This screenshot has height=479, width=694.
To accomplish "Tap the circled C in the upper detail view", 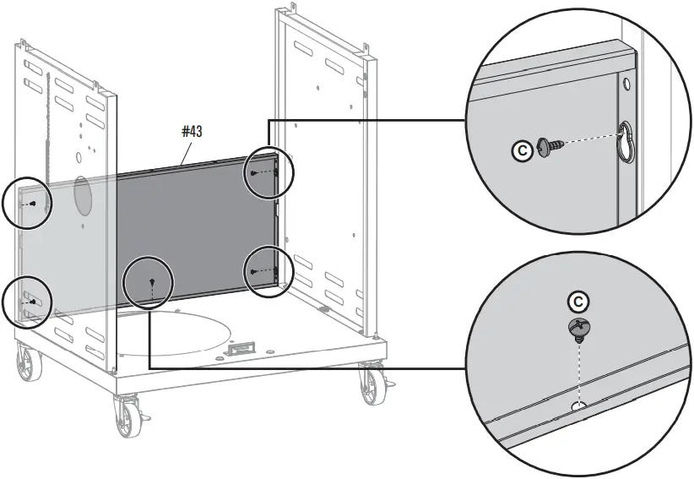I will pyautogui.click(x=523, y=151).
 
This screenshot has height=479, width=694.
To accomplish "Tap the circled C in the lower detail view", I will pyautogui.click(x=577, y=302).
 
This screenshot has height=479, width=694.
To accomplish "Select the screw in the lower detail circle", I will pyautogui.click(x=577, y=328).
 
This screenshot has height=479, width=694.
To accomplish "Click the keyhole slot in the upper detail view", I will pyautogui.click(x=626, y=139).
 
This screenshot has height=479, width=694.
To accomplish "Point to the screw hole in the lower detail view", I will pyautogui.click(x=578, y=406).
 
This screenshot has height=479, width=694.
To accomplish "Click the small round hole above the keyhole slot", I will pyautogui.click(x=626, y=85).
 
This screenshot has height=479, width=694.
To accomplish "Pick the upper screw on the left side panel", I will pyautogui.click(x=32, y=204).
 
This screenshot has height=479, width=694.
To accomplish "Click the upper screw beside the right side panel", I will pyautogui.click(x=253, y=173).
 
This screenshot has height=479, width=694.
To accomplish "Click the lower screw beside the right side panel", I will pyautogui.click(x=253, y=270).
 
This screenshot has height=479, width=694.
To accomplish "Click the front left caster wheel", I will pyautogui.click(x=126, y=416).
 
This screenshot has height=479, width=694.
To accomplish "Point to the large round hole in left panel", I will pyautogui.click(x=83, y=194).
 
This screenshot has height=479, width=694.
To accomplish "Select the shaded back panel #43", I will pyautogui.click(x=194, y=228).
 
